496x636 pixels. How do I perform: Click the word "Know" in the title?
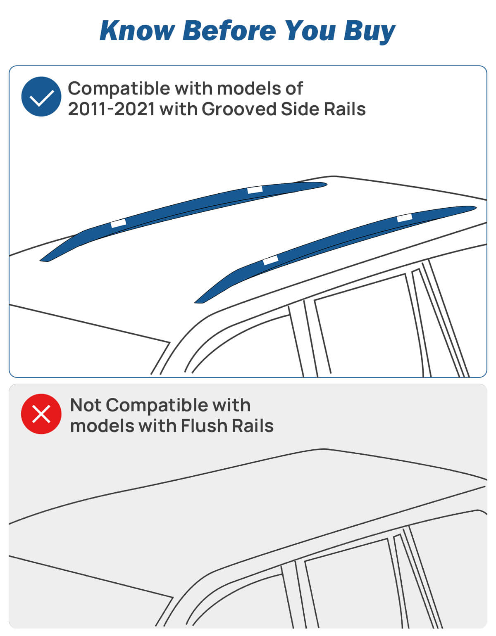137,31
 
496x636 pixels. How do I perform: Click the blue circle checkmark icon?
41,97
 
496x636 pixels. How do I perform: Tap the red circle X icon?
41,414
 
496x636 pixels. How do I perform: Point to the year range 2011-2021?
112,109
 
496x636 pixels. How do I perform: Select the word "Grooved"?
238,109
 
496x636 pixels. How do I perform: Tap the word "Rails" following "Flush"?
253,426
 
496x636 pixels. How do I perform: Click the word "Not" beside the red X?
86,405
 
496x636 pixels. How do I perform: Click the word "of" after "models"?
294,89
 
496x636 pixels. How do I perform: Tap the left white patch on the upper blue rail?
118,223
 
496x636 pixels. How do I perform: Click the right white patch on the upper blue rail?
255,190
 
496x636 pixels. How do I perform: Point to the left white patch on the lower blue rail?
271,260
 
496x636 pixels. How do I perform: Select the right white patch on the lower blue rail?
405,218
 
